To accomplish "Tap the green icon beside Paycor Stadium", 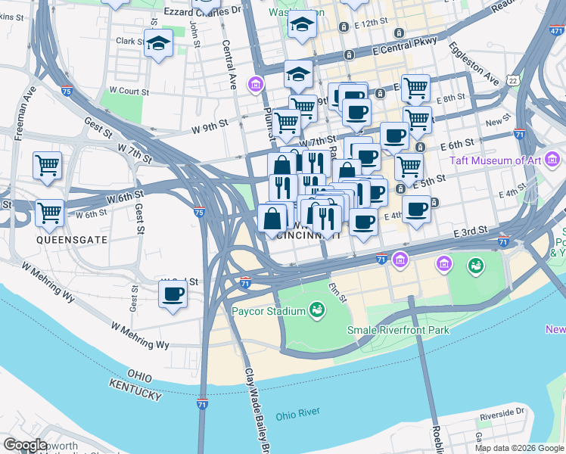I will [x=317, y=309].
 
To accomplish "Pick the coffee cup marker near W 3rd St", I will [x=173, y=294].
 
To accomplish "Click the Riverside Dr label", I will [x=496, y=412].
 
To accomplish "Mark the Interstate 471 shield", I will [x=556, y=31].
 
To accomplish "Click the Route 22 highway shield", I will [x=513, y=80].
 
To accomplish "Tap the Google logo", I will [x=25, y=445].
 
